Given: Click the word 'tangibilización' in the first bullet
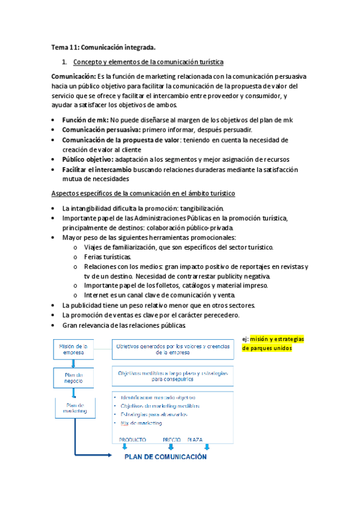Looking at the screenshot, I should pos(194,208).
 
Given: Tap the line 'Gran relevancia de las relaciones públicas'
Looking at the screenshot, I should pos(124,325).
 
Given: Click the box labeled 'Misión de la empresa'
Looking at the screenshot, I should pos(73,349).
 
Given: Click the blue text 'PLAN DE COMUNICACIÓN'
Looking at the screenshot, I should pos(165,456).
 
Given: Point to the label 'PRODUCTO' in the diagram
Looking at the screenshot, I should pos(132,440).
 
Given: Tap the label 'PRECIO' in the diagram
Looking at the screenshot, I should pos(171,440).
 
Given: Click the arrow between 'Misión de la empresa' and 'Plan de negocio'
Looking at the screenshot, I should pos(73,364).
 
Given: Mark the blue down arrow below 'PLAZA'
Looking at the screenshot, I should pos(207,447).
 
